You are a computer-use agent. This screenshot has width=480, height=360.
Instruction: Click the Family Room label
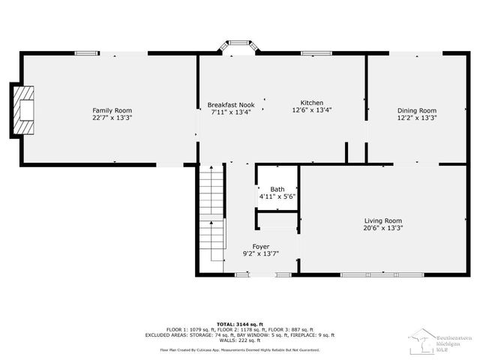click(x=107, y=110)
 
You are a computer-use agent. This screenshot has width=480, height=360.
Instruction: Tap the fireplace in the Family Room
click(x=24, y=110)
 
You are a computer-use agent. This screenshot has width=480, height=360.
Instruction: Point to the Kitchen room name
click(x=311, y=102)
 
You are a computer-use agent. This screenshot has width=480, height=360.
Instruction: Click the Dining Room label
click(x=416, y=110)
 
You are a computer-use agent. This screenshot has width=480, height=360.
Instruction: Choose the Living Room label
click(x=382, y=220)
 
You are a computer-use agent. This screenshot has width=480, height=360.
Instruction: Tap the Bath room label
click(x=277, y=189)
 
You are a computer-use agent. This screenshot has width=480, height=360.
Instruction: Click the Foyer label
click(x=260, y=247)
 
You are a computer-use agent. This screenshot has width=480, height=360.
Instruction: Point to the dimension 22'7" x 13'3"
click(x=107, y=118)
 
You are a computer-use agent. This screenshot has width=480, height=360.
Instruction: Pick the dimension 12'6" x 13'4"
click(x=311, y=110)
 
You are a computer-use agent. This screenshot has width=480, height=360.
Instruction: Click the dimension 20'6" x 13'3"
click(x=382, y=228)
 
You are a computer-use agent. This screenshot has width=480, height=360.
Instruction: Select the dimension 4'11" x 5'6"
click(x=277, y=196)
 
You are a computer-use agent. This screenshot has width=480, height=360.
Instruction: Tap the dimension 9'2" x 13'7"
click(x=260, y=254)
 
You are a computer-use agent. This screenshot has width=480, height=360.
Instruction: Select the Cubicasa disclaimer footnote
click(x=239, y=349)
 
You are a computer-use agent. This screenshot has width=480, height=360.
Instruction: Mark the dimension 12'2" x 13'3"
click(x=416, y=118)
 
